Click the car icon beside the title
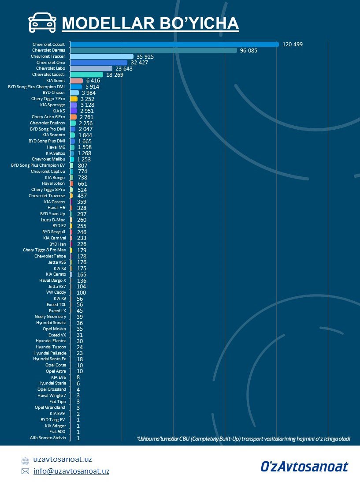point(42,22)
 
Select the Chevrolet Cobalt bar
point(174,44)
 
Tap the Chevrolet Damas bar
point(153,50)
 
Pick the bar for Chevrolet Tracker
point(101,56)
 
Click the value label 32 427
point(139,63)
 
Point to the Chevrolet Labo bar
point(91,68)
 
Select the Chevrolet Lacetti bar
point(86,75)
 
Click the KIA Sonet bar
point(76,81)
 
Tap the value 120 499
point(293,45)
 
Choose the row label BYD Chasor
point(54,93)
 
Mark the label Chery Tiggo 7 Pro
point(48,99)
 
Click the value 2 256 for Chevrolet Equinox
point(86,123)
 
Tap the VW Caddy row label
point(56,292)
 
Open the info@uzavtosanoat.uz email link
point(71,471)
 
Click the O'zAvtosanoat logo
point(304,466)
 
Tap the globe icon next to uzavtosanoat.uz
point(25,460)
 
